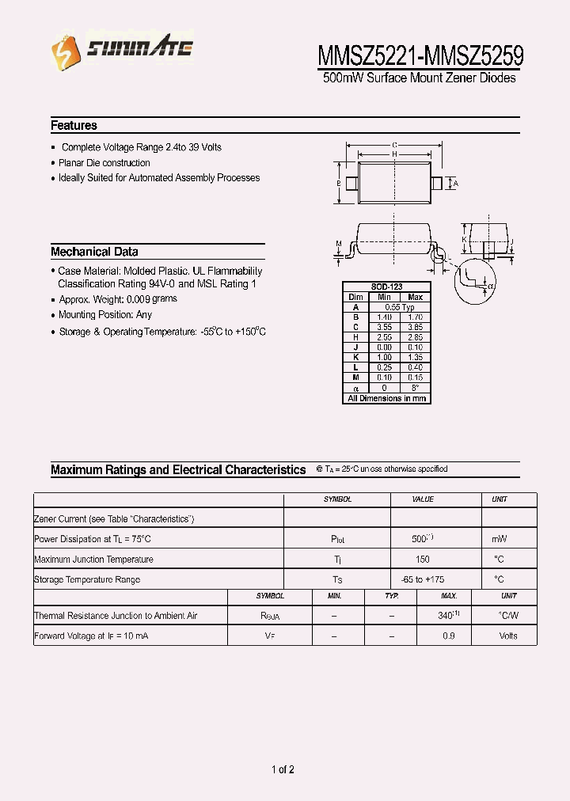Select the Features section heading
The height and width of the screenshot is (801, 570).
coord(74,125)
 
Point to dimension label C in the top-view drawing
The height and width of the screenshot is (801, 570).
coord(393,145)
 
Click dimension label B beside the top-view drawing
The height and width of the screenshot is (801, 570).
coord(339,184)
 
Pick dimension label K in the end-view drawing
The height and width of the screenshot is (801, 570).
coord(465,238)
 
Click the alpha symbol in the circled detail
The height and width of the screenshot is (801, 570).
coord(491,286)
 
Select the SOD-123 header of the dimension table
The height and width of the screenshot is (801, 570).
coord(386,287)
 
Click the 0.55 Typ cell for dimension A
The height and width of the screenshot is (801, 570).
coord(400,307)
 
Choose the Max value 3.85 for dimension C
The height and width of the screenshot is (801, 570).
coord(415,327)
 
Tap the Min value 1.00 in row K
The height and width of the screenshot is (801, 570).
coord(384,358)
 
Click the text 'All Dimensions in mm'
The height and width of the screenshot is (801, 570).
coord(386,398)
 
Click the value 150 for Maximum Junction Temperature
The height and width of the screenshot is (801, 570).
coord(422,559)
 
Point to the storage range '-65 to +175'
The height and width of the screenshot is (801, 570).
coord(422,579)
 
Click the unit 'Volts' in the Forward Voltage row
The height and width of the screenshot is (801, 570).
coord(508,636)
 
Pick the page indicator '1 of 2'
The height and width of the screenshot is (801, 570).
coord(283,769)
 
